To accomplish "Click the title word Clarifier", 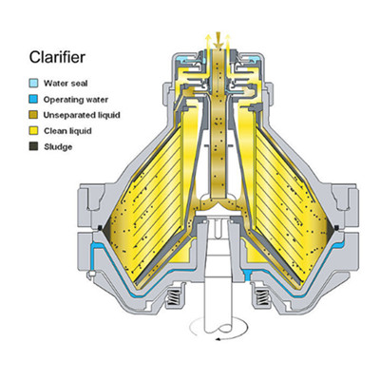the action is click(57, 57).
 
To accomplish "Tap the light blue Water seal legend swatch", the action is click(33, 84).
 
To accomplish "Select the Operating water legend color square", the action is click(33, 99).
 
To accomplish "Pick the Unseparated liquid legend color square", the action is click(33, 115).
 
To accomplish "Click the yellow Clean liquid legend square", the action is click(33, 130).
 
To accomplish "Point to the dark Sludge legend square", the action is click(33, 146).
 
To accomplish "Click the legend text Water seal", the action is click(66, 84).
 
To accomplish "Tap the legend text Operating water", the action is click(76, 100).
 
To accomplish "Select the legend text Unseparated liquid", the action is click(82, 115).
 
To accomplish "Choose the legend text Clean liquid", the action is click(67, 131).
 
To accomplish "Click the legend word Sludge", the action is click(58, 146).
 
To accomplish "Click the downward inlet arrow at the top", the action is click(218, 40).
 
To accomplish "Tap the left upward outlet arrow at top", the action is click(208, 42).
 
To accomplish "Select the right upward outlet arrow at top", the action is click(228, 42).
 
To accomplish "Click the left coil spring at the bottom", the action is click(175, 297).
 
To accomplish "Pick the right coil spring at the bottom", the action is click(262, 297).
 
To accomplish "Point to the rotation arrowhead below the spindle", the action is click(218, 339).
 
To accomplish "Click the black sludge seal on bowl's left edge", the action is click(100, 227).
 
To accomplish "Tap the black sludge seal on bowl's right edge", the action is click(336, 227).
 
